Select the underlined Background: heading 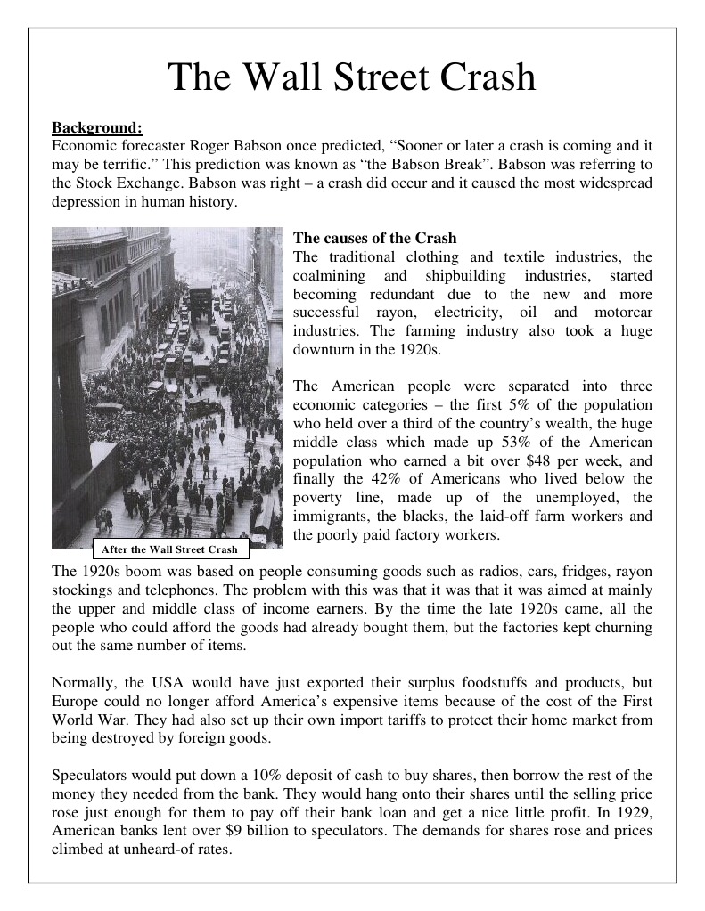pyautogui.click(x=96, y=126)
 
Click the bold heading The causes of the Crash pyautogui.click(x=374, y=238)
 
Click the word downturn pyautogui.click(x=322, y=350)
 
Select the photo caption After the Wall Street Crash pyautogui.click(x=170, y=549)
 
